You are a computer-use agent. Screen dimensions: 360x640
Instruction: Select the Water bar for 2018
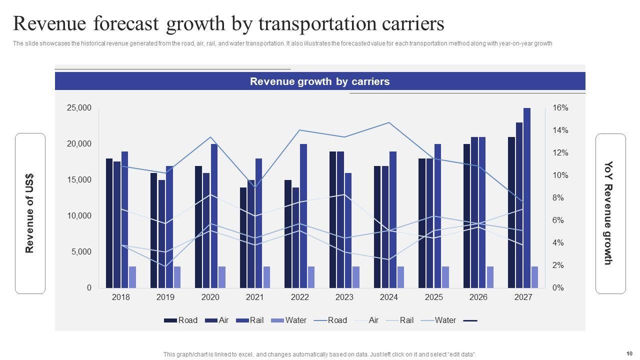coord(132,277)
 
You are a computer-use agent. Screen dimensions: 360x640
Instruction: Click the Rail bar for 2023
coord(348,230)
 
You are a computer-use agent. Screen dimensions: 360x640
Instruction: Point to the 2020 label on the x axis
coord(210,297)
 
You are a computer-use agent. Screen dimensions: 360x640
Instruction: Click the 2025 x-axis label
coord(433,297)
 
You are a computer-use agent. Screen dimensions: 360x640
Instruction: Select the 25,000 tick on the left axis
coord(79,108)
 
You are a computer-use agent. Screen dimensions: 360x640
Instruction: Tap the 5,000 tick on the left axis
coord(81,252)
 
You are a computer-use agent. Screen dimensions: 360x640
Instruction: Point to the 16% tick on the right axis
coord(560,108)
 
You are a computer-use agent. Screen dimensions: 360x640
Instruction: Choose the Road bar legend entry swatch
coord(170,320)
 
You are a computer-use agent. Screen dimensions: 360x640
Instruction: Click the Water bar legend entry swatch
coord(277,320)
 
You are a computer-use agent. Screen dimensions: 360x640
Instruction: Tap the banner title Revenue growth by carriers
coord(319,81)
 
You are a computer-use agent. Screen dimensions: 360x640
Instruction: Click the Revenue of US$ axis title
coord(30,213)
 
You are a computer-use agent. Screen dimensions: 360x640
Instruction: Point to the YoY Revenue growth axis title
coord(608,213)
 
